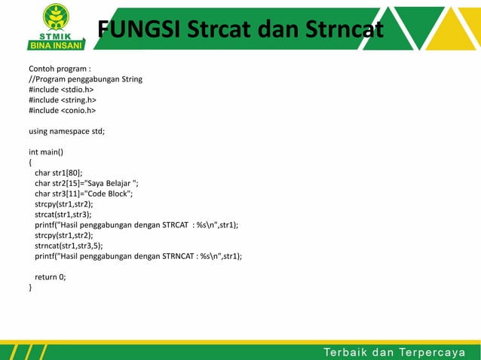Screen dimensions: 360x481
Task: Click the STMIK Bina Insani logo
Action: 53,26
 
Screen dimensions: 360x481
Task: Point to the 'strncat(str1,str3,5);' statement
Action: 68,246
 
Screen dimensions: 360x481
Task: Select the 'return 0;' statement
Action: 50,276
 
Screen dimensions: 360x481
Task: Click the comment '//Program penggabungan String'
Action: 85,78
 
